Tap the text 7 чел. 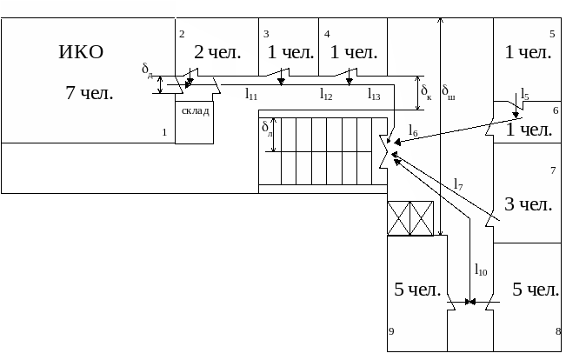pyautogui.click(x=90, y=93)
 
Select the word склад pyautogui.click(x=195, y=111)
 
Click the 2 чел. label pyautogui.click(x=216, y=52)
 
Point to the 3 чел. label pyautogui.click(x=529, y=205)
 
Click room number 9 pyautogui.click(x=391, y=331)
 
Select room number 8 pyautogui.click(x=557, y=331)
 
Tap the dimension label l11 pyautogui.click(x=250, y=93)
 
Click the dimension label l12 pyautogui.click(x=326, y=93)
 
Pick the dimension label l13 pyautogui.click(x=374, y=93)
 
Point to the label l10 pyautogui.click(x=481, y=271)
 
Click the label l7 pyautogui.click(x=458, y=184)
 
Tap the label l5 pyautogui.click(x=524, y=95)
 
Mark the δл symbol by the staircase pyautogui.click(x=267, y=130)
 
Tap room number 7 pyautogui.click(x=553, y=170)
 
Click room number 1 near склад pyautogui.click(x=163, y=132)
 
